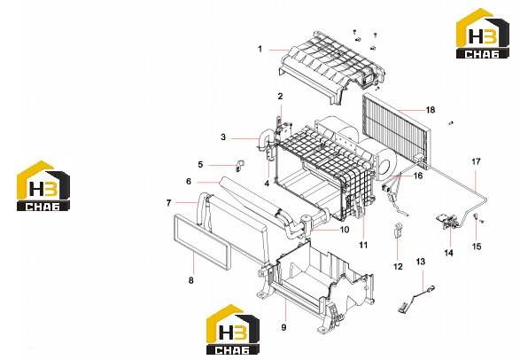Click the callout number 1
[x=260, y=49]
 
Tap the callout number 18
[x=431, y=110]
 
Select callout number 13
[x=420, y=262]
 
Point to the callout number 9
[x=283, y=327]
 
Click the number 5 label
[x=200, y=165]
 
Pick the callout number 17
[x=476, y=161]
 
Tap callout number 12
[x=398, y=267]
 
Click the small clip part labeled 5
[x=239, y=166]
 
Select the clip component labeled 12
[x=398, y=231]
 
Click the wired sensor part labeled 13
[x=417, y=298]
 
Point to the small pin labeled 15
[x=476, y=216]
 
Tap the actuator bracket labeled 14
[x=448, y=220]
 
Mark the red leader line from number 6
[x=208, y=182]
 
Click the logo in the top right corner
[x=483, y=33]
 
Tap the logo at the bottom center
[x=233, y=329]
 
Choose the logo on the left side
[x=43, y=186]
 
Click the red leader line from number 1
[x=279, y=50]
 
